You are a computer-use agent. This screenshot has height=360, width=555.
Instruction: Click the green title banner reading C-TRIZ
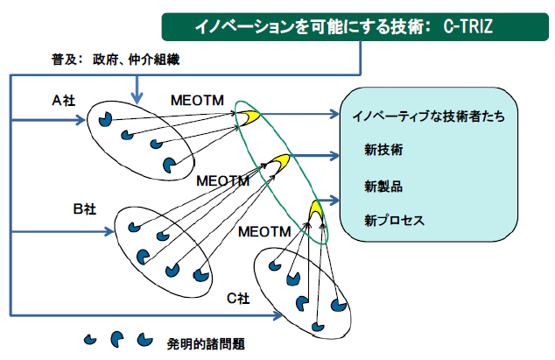pyautogui.click(x=355, y=27)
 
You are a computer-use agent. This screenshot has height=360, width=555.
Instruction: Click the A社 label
pyautogui.click(x=64, y=101)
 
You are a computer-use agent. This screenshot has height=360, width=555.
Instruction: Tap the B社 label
pyautogui.click(x=85, y=208)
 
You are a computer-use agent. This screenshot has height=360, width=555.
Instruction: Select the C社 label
pyautogui.click(x=238, y=299)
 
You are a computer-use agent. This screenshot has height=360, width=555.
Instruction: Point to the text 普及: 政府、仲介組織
pyautogui.click(x=116, y=60)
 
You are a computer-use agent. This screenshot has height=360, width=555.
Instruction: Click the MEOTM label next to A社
pyautogui.click(x=197, y=100)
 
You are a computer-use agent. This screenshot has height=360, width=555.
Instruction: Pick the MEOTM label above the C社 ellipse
pyautogui.click(x=264, y=232)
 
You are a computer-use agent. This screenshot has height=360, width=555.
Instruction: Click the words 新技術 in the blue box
pyautogui.click(x=383, y=150)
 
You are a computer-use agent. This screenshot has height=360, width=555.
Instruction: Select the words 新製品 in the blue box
pyautogui.click(x=383, y=187)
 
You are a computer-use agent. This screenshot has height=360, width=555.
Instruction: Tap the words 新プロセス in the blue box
pyautogui.click(x=394, y=221)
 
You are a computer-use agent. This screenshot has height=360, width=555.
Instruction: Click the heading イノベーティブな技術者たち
pyautogui.click(x=428, y=116)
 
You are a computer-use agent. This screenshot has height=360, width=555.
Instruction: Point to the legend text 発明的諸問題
pyautogui.click(x=206, y=343)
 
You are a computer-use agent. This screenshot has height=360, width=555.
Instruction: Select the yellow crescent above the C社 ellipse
pyautogui.click(x=316, y=210)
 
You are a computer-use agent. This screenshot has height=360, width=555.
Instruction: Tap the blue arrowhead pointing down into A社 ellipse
pyautogui.click(x=137, y=98)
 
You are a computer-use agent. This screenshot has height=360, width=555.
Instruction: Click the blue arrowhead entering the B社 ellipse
pyautogui.click(x=109, y=232)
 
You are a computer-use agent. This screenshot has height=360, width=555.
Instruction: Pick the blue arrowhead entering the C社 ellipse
pyautogui.click(x=277, y=314)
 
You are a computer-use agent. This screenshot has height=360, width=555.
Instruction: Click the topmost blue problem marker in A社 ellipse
pyautogui.click(x=105, y=119)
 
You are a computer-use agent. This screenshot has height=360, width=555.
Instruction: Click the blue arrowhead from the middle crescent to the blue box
pyautogui.click(x=334, y=156)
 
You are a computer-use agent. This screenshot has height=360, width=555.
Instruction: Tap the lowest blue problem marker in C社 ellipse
pyautogui.click(x=318, y=327)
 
